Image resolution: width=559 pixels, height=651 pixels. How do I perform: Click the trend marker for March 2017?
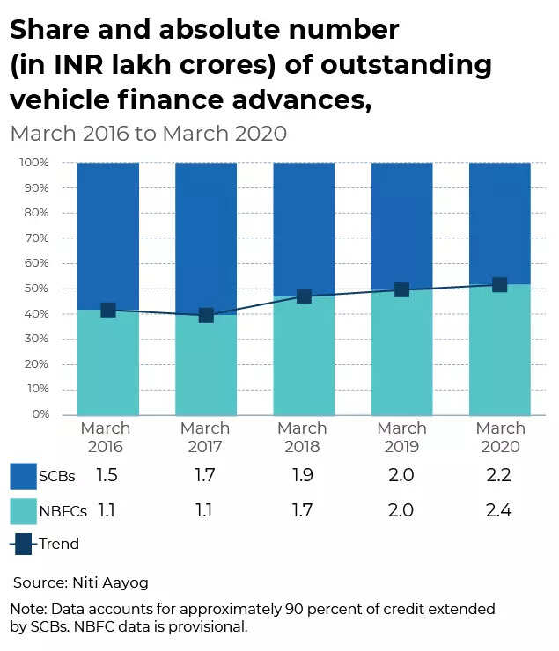(206, 315)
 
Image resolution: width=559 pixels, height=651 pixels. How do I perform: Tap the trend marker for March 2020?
(499, 284)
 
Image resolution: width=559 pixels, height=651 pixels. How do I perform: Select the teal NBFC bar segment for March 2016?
(108, 362)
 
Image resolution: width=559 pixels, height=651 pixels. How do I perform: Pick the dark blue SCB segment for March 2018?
(304, 229)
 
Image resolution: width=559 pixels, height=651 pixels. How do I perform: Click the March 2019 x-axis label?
(401, 437)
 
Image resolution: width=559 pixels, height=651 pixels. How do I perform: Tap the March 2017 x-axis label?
(205, 437)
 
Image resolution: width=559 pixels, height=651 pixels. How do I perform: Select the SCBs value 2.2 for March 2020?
(500, 476)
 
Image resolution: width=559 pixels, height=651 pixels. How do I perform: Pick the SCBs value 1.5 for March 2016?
(107, 476)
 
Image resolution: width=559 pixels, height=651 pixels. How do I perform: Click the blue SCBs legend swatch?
(23, 476)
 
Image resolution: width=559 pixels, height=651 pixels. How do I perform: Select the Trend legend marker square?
(23, 544)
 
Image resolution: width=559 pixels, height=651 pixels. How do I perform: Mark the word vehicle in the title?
(63, 102)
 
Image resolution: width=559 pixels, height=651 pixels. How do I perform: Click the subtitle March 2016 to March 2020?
(148, 134)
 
